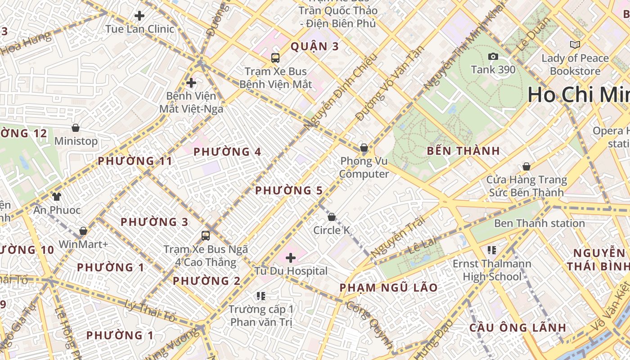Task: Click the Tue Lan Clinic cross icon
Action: point(139,16)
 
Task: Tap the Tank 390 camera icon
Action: point(493,56)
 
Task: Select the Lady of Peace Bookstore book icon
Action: point(575,45)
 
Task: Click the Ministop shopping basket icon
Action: point(76,128)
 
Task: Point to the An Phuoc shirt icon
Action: point(57,196)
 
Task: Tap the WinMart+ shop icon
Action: point(83,231)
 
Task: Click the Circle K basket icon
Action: point(332,217)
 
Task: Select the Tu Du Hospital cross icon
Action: point(291,258)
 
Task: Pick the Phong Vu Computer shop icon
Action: point(364,148)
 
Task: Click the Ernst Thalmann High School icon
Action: point(491,250)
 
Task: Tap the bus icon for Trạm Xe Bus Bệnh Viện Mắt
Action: point(275,58)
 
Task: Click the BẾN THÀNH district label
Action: point(463,151)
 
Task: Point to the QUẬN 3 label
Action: point(315,46)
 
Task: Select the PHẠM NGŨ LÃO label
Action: point(388,288)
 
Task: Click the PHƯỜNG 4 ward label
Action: point(227,152)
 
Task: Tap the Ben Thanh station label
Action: point(539,223)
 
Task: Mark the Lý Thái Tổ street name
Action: point(150,311)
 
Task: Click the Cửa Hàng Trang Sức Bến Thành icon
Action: point(526,166)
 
